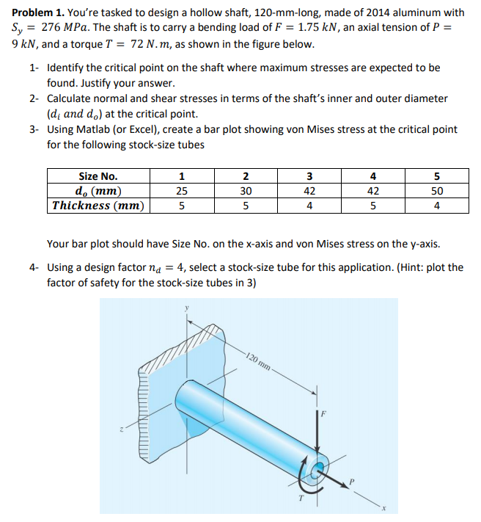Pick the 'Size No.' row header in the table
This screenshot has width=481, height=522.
pos(98,176)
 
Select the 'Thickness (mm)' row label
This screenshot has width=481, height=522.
pos(98,206)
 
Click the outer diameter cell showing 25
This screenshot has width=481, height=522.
pos(182,191)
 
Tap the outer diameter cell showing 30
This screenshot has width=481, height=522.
pos(246,191)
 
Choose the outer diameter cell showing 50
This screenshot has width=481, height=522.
pos(437,191)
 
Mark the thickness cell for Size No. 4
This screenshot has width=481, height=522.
pos(373,206)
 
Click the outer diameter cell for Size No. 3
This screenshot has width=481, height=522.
pos(309,191)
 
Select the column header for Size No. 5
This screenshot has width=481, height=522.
pos(437,176)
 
